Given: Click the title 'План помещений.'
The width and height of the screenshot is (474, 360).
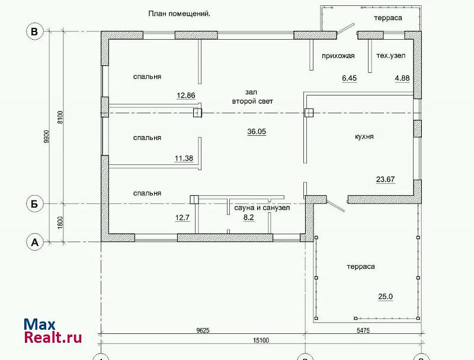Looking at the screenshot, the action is click(x=180, y=14).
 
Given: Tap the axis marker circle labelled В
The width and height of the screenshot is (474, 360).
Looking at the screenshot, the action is click(x=35, y=31).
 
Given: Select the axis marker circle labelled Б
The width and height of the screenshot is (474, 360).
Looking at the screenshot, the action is click(x=35, y=203).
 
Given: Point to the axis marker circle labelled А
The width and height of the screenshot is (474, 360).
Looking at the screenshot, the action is click(x=35, y=242).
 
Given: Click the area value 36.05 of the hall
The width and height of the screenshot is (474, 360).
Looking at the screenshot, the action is click(x=257, y=132).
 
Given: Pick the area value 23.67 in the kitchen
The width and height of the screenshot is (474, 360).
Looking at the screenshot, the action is click(x=386, y=179).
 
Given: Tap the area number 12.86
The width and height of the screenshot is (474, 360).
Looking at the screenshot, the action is click(x=186, y=95).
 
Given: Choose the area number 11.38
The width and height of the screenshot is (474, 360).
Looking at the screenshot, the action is click(x=184, y=158).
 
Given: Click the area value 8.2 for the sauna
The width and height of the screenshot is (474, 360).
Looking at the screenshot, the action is click(x=249, y=218).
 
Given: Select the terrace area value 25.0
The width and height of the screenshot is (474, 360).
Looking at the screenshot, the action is click(x=386, y=297).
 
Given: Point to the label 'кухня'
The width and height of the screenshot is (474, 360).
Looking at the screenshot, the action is click(x=364, y=136).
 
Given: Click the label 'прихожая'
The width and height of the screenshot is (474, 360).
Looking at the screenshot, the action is click(x=338, y=56).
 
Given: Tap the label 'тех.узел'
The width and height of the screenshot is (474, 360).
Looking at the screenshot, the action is click(x=391, y=56).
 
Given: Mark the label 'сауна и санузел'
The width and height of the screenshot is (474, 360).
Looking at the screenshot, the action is click(x=262, y=208).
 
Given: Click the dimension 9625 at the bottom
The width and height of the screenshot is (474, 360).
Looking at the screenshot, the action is click(x=203, y=330).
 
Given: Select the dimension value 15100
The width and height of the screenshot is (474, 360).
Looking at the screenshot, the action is click(x=261, y=340).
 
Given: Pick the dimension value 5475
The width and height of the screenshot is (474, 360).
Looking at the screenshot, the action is click(x=363, y=330).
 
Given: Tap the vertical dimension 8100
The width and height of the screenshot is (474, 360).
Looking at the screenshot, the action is click(x=60, y=117).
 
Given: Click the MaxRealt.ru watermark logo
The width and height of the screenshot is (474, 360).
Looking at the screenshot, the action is click(x=53, y=331).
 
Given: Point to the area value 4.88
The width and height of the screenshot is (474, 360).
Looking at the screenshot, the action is click(x=402, y=78).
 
